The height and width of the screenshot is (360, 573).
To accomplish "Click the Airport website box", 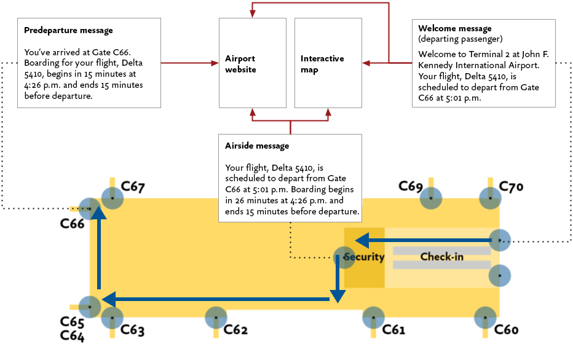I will click(252, 63).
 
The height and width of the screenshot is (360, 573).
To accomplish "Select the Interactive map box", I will click(328, 63).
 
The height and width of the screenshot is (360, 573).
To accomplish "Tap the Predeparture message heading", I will click(68, 30).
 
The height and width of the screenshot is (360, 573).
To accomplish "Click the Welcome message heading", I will click(454, 28).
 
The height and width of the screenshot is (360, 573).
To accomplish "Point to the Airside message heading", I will click(257, 146).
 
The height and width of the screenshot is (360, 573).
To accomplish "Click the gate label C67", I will click(133, 187).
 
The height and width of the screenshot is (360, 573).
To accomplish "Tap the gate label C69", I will click(410, 186).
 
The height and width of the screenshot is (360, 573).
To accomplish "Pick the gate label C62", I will click(235, 330).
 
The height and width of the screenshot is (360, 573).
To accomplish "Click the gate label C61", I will click(393, 330).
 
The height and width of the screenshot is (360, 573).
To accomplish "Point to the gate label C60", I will click(507, 330).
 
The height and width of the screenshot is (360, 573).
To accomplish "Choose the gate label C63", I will click(133, 330).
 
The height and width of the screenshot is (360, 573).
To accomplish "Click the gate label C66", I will click(72, 224).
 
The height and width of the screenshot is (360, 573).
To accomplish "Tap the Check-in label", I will click(441, 257).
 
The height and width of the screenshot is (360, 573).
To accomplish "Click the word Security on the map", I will click(364, 257).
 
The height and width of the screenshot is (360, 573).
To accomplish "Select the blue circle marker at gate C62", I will click(216, 318).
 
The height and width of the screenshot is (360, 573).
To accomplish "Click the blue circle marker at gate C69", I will click(431, 198).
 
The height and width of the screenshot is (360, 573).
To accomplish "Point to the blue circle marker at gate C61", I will click(373, 318).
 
